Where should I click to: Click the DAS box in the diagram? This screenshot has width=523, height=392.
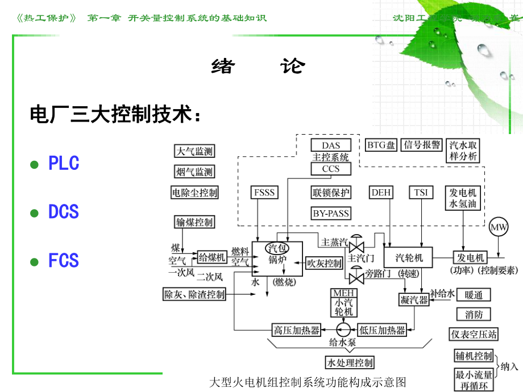click(x=331, y=146)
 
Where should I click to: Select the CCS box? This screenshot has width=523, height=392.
click(x=331, y=169)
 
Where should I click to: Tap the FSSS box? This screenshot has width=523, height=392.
click(x=264, y=193)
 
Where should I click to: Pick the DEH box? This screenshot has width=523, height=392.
click(x=381, y=193)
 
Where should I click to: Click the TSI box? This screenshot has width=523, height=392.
click(x=421, y=193)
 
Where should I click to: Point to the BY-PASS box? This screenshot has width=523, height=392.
click(x=331, y=214)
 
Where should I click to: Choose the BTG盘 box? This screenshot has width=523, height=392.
click(x=381, y=145)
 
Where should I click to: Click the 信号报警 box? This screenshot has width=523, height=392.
click(x=421, y=145)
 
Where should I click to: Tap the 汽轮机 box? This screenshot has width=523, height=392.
click(x=405, y=256)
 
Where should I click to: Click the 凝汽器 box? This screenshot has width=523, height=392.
click(x=413, y=300)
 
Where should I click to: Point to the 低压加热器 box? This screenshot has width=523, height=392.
click(x=382, y=329)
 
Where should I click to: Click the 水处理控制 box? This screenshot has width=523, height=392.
click(x=349, y=362)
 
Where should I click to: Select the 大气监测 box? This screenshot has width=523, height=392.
click(x=194, y=151)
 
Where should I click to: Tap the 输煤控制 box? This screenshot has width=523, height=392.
click(x=194, y=222)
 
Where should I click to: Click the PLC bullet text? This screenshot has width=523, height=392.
click(x=63, y=164)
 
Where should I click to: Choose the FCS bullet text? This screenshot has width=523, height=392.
click(x=63, y=261)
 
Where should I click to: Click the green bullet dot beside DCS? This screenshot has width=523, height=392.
click(x=34, y=213)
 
